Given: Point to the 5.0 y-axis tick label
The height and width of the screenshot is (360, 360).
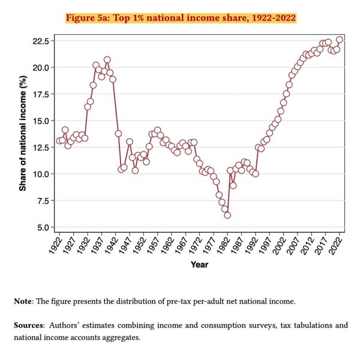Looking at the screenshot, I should click(44, 227).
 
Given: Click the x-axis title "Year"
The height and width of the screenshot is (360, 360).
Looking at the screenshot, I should click(199, 265).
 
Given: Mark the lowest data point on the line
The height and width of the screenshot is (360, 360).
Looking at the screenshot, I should click(227, 215).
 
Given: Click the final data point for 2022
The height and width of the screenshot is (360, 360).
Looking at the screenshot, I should click(340, 40).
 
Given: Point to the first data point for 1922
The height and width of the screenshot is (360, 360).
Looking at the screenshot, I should click(59, 141).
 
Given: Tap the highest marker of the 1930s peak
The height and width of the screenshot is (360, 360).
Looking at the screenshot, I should click(107, 60).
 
